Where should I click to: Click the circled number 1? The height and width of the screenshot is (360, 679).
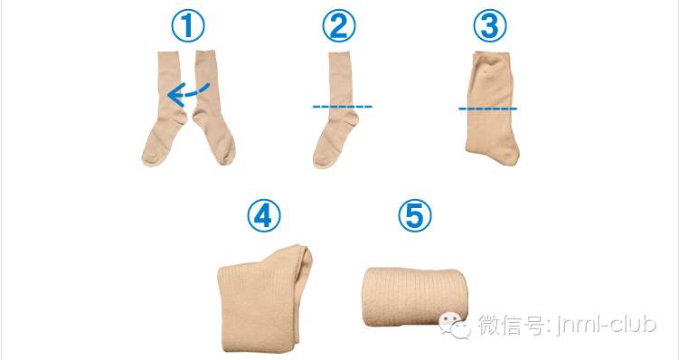pyautogui.click(x=187, y=26)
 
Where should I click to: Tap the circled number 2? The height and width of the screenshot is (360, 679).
pyautogui.click(x=339, y=26)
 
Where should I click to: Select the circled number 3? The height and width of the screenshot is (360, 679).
pyautogui.click(x=490, y=26)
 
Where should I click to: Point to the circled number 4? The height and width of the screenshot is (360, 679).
pyautogui.click(x=264, y=216)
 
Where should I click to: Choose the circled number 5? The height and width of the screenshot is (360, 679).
pyautogui.click(x=415, y=216)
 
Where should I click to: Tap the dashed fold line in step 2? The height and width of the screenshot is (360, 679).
pyautogui.click(x=342, y=107)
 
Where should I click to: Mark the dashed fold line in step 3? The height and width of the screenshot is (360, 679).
pyautogui.click(x=487, y=109)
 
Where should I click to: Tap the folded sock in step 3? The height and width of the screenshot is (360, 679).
pyautogui.click(x=492, y=109)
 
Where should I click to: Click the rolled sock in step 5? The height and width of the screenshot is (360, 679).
pyautogui.click(x=413, y=297)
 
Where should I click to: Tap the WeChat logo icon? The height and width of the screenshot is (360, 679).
pyautogui.click(x=455, y=326)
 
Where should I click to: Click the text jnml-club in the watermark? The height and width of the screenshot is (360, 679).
pyautogui.click(x=606, y=325)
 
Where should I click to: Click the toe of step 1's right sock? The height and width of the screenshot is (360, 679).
pyautogui.click(x=226, y=155)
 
